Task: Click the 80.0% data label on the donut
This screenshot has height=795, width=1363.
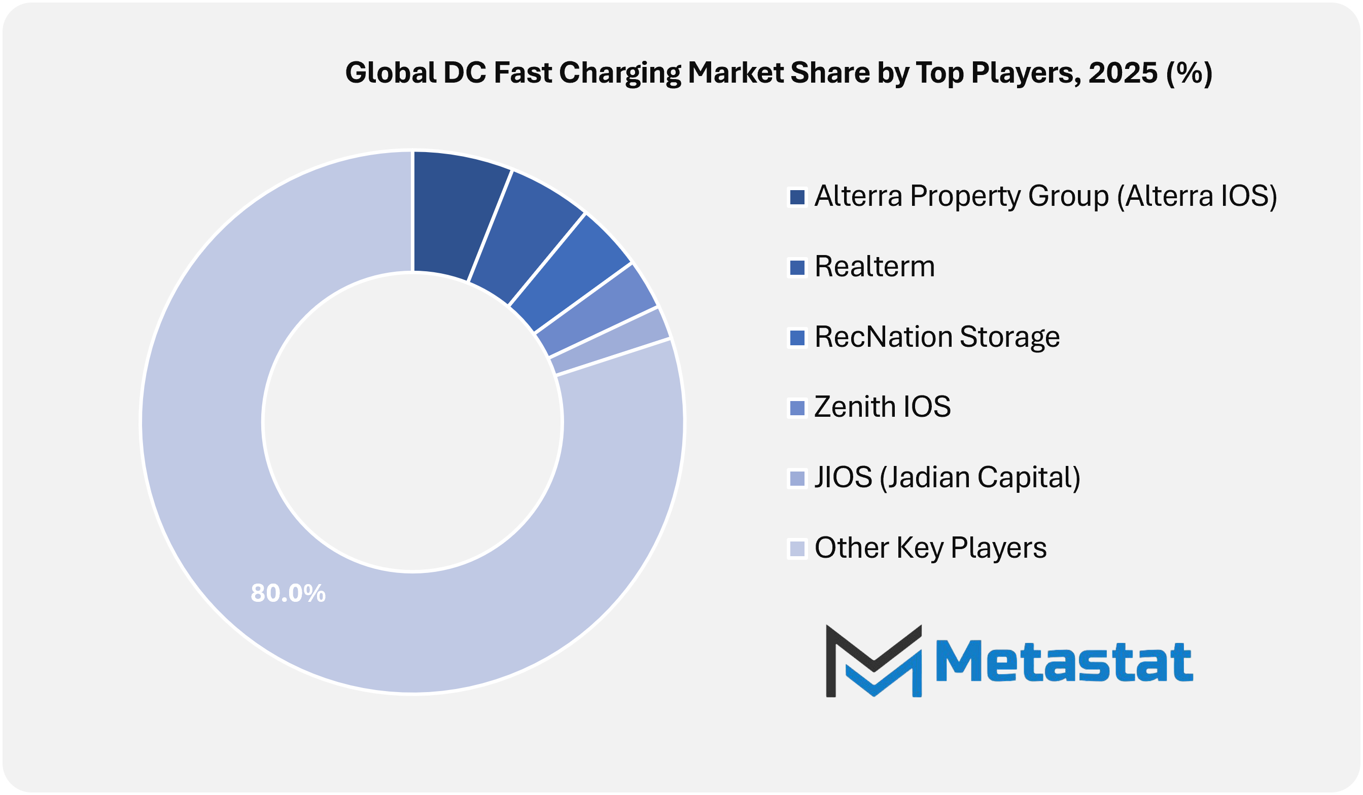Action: tap(288, 593)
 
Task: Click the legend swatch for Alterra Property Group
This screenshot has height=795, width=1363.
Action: tap(797, 197)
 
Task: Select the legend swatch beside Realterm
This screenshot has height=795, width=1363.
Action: tap(797, 267)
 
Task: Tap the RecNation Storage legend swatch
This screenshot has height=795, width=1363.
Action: tap(797, 338)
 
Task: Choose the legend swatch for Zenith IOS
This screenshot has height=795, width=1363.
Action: tap(797, 408)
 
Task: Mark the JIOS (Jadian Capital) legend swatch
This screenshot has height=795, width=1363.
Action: tap(797, 478)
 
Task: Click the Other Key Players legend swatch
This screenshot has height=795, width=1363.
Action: tap(797, 549)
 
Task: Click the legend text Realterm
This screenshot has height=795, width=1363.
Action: tap(874, 267)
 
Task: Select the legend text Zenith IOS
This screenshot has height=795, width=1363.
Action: tap(882, 407)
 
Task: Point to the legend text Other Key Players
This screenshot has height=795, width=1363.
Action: tap(930, 548)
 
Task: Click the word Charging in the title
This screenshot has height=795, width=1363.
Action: tap(619, 73)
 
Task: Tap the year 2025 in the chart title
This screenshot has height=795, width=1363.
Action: tap(1123, 73)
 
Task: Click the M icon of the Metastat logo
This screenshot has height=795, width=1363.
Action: tap(873, 661)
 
